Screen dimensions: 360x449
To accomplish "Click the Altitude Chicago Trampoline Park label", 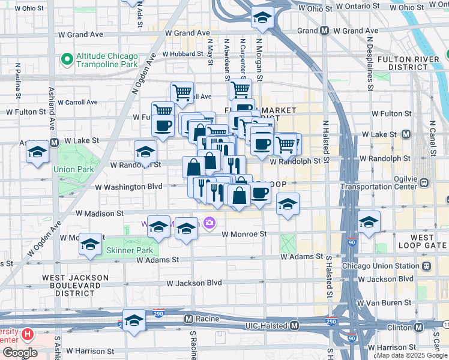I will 107,59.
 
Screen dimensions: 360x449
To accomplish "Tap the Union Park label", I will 73,169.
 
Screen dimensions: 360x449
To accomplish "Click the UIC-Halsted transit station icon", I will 295,325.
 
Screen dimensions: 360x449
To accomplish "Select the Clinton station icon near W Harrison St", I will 436,326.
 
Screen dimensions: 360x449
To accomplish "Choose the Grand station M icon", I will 324,31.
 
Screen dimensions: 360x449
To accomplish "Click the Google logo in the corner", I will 19,353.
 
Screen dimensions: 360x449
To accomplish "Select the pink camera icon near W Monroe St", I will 209,223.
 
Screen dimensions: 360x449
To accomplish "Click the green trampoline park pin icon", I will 66,59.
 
